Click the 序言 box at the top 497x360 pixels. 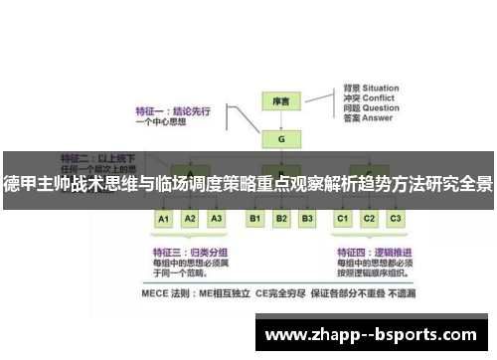[x=281, y=102]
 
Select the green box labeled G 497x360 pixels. [x=281, y=140]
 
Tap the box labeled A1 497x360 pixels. [x=164, y=218]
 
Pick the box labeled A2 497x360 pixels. [x=191, y=218]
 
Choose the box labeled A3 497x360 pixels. [x=217, y=218]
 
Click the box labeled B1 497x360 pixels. [x=254, y=218]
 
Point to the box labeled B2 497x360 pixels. [x=281, y=218]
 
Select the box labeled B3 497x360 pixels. [x=307, y=218]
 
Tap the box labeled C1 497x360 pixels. [x=343, y=218]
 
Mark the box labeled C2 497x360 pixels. [x=370, y=218]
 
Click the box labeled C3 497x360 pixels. [x=396, y=218]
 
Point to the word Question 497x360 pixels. [x=383, y=111]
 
